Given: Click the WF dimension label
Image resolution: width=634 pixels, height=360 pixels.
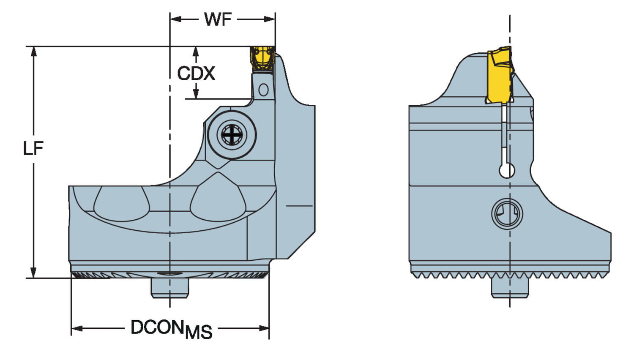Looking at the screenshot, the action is (218, 19).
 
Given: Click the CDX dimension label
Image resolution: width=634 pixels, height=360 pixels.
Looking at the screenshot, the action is (196, 73).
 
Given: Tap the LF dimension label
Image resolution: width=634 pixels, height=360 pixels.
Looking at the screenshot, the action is (33, 148).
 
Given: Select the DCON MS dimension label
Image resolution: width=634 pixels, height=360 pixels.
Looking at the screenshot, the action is (172, 330).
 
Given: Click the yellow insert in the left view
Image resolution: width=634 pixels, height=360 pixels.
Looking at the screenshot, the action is (262, 58).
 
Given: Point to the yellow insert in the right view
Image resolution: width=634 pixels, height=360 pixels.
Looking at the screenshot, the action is (500, 75).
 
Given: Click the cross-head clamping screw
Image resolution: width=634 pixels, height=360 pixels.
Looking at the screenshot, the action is (232, 134).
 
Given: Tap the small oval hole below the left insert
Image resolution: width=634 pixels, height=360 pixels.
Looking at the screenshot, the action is (263, 90).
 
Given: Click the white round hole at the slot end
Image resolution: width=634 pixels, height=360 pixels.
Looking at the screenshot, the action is (507, 170).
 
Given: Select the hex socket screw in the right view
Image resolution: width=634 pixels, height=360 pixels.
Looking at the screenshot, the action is (507, 214).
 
